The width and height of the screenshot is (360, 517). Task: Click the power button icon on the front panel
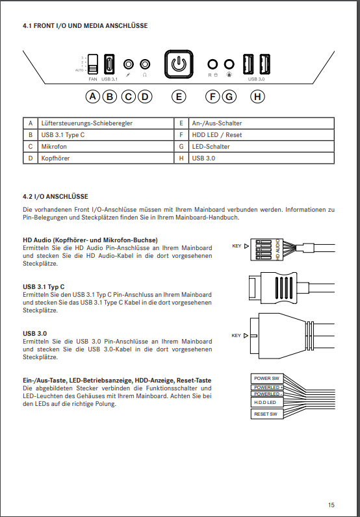[179, 64]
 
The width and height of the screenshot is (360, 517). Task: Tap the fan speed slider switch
[93, 64]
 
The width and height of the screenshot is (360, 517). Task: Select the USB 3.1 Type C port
[109, 64]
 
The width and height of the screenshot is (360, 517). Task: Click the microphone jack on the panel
[129, 64]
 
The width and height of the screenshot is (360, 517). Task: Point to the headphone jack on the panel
[145, 64]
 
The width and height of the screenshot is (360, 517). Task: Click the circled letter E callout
[179, 97]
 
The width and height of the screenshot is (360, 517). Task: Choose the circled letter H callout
[257, 97]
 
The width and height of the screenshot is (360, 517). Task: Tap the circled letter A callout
[93, 97]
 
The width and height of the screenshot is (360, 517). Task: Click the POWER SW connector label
[267, 379]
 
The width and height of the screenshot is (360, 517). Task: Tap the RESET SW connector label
[267, 414]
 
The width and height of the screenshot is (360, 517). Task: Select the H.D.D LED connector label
[267, 403]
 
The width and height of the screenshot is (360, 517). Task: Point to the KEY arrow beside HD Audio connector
[246, 246]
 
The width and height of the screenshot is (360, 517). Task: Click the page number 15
[331, 505]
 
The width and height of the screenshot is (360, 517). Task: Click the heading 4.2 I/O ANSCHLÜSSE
[55, 197]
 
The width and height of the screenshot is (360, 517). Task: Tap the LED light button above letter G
[229, 64]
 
